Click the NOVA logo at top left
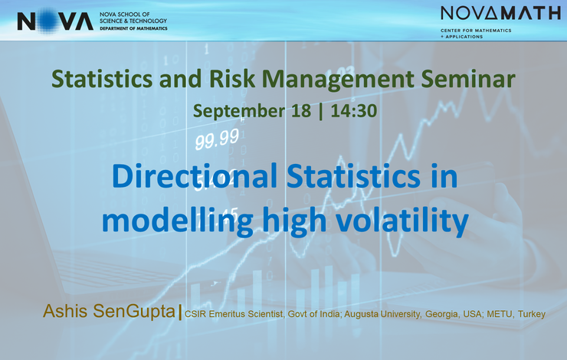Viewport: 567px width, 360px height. [55, 21]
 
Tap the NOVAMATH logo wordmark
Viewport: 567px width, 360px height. [500, 13]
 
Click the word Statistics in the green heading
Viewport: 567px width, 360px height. [102, 79]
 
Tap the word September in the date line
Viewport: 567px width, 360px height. [239, 111]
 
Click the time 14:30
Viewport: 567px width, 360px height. [354, 110]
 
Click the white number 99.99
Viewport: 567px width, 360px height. [217, 139]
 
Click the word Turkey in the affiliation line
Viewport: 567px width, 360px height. [532, 315]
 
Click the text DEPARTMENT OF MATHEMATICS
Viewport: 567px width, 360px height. [133, 28]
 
